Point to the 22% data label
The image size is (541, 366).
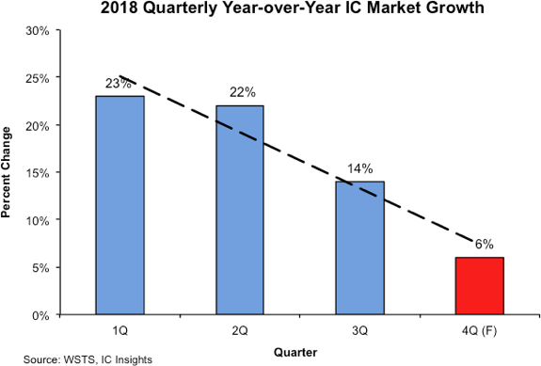click(x=242, y=93)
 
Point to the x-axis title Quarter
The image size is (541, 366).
click(x=295, y=352)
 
